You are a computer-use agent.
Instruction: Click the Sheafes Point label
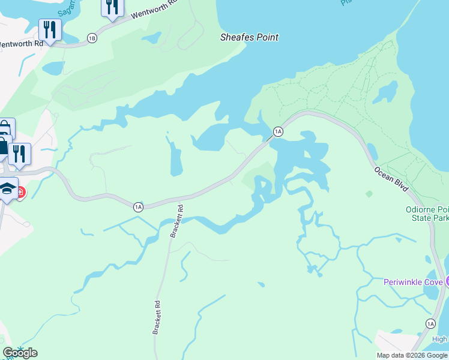click(249, 37)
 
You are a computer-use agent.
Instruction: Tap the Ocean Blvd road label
click(392, 179)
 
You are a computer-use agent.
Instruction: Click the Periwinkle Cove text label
click(413, 282)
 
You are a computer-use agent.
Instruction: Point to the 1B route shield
click(91, 38)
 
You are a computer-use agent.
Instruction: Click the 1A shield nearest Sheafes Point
click(277, 131)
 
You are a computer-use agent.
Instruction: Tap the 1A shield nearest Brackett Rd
click(138, 207)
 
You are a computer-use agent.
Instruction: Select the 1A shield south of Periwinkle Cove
click(430, 324)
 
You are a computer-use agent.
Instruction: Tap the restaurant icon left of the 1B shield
click(50, 29)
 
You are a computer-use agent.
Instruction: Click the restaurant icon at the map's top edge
click(112, 6)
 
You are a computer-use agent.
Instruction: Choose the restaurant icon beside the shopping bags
click(19, 154)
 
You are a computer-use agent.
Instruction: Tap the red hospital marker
click(21, 192)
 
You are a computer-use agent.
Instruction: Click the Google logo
click(20, 353)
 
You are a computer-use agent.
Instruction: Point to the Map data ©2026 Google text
click(412, 355)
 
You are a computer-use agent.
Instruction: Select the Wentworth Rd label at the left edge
click(21, 44)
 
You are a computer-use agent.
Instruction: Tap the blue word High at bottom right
click(439, 340)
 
